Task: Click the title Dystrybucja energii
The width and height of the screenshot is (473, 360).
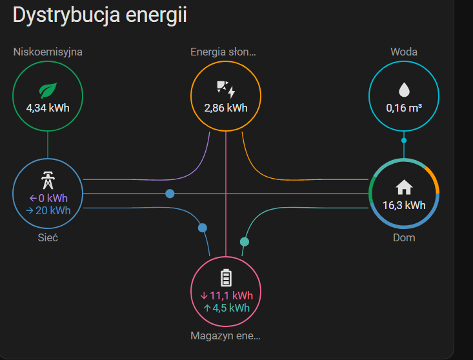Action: pyautogui.click(x=100, y=15)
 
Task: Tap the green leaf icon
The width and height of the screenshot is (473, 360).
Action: pyautogui.click(x=48, y=90)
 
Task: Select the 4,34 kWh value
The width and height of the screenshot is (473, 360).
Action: pyautogui.click(x=48, y=108)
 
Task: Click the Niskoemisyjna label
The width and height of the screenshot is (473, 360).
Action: pyautogui.click(x=48, y=52)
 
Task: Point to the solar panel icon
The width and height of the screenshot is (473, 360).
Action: pyautogui.click(x=226, y=89)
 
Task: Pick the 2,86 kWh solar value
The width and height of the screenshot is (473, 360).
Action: pyautogui.click(x=226, y=108)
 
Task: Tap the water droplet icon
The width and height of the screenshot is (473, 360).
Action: pyautogui.click(x=404, y=90)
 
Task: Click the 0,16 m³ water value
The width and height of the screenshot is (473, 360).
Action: pyautogui.click(x=404, y=108)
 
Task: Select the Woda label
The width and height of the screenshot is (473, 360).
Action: pyautogui.click(x=404, y=52)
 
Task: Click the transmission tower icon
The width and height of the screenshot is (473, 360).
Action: pyautogui.click(x=48, y=180)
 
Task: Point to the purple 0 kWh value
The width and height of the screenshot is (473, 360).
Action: pyautogui.click(x=48, y=198)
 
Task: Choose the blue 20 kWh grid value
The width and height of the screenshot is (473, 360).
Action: pyautogui.click(x=48, y=210)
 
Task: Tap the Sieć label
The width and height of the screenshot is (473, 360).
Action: pyautogui.click(x=48, y=238)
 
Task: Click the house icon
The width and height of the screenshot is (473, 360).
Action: pyautogui.click(x=404, y=187)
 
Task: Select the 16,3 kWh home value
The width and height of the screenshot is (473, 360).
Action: pyautogui.click(x=404, y=205)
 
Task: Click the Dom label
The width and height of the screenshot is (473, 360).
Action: pyautogui.click(x=404, y=238)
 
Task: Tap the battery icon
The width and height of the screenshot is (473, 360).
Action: pyautogui.click(x=226, y=278)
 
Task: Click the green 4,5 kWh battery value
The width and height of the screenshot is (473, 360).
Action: pyautogui.click(x=226, y=308)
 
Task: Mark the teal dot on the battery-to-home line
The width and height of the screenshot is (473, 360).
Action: pyautogui.click(x=245, y=241)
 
